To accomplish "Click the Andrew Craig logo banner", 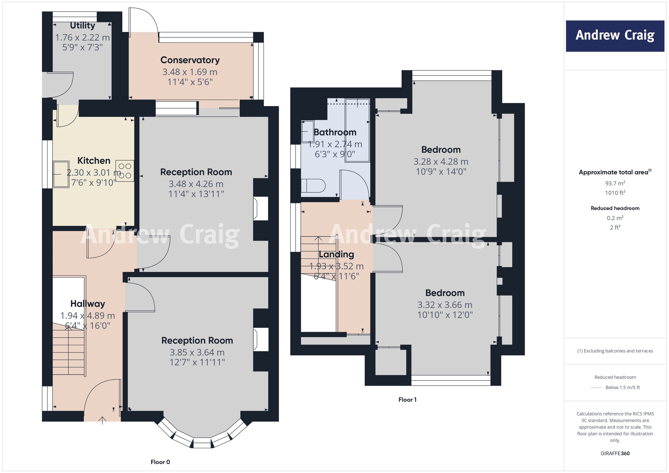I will [x=615, y=36].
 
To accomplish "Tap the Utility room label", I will [x=83, y=26].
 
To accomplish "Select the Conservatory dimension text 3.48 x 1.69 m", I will [x=190, y=72].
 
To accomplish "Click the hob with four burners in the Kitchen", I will [x=125, y=171].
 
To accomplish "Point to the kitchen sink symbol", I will [x=61, y=174].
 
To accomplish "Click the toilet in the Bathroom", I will [x=313, y=185].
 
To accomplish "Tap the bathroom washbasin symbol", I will [x=307, y=131].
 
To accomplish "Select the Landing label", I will [x=336, y=254].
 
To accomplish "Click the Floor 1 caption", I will [x=407, y=400].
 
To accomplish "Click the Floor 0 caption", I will [x=160, y=462].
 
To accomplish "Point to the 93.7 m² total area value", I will [x=615, y=183].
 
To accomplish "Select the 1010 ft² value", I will [x=615, y=193].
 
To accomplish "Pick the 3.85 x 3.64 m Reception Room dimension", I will [x=197, y=352].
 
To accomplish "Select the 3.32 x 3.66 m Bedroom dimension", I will [x=445, y=305].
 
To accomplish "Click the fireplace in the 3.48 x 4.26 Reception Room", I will [x=260, y=209].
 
